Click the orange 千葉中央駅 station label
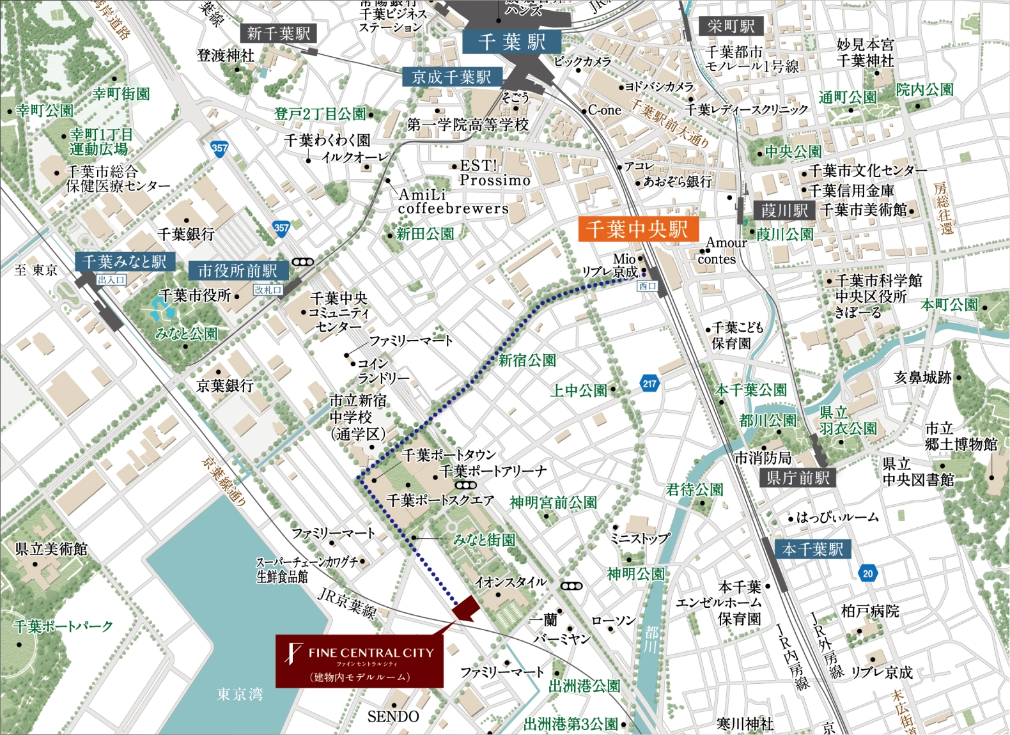click(x=637, y=229)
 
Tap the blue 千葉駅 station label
click(x=511, y=42)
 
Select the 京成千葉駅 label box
click(x=452, y=77)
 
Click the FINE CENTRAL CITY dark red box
click(x=359, y=661)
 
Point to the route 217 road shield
click(x=649, y=383)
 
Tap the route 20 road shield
click(x=867, y=573)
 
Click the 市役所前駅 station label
click(x=237, y=270)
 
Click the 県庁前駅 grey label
click(x=798, y=477)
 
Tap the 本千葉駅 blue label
click(x=812, y=549)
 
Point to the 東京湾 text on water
click(x=240, y=693)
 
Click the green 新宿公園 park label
click(x=527, y=360)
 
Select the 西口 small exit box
click(x=647, y=286)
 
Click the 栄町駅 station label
click(x=731, y=26)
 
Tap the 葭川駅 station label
click(x=784, y=210)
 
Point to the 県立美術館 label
click(x=51, y=549)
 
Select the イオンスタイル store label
click(x=511, y=582)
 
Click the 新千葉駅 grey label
click(x=278, y=33)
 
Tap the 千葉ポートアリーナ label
click(x=493, y=471)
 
